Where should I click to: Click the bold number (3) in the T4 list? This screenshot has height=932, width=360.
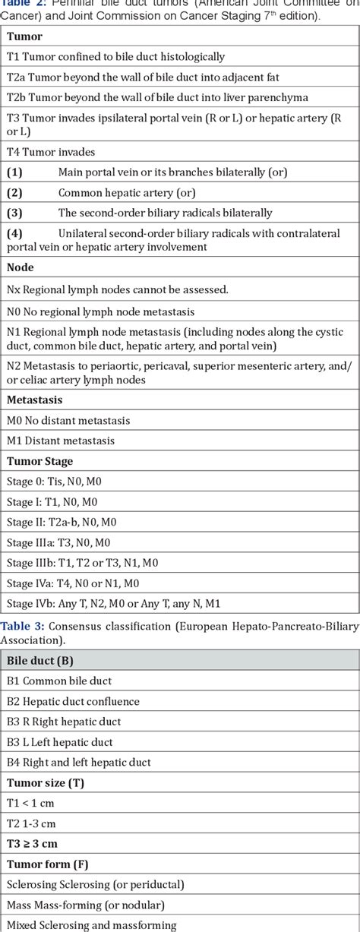pos(14,213)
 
